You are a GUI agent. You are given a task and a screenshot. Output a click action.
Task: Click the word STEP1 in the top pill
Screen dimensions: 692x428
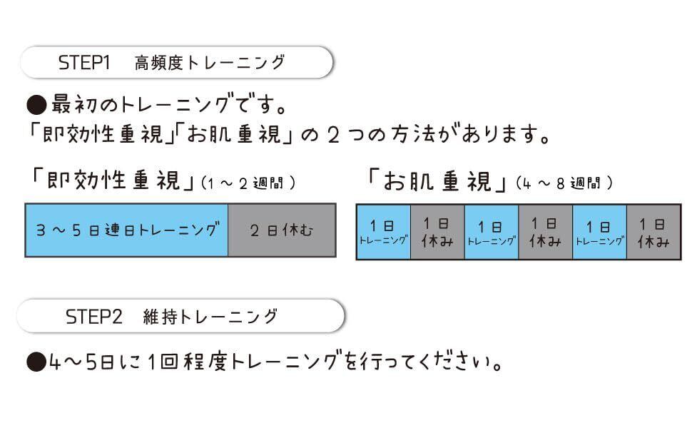pyautogui.click(x=84, y=63)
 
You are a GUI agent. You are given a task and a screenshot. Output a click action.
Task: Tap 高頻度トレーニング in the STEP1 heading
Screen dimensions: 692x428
pyautogui.click(x=210, y=63)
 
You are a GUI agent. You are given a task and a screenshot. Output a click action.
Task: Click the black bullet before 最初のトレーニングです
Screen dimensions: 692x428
pyautogui.click(x=36, y=106)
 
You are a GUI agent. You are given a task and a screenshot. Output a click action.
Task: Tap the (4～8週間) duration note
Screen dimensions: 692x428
pyautogui.click(x=564, y=183)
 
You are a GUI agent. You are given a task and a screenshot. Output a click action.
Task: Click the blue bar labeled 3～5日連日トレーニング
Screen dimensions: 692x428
pyautogui.click(x=127, y=230)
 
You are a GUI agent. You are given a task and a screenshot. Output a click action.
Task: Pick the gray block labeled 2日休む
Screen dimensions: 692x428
pyautogui.click(x=282, y=230)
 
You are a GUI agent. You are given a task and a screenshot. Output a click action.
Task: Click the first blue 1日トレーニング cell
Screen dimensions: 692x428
pyautogui.click(x=383, y=233)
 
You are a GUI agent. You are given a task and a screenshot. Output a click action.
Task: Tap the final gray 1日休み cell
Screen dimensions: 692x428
pyautogui.click(x=653, y=233)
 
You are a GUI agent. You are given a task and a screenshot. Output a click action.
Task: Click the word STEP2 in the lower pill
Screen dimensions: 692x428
pyautogui.click(x=94, y=316)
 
